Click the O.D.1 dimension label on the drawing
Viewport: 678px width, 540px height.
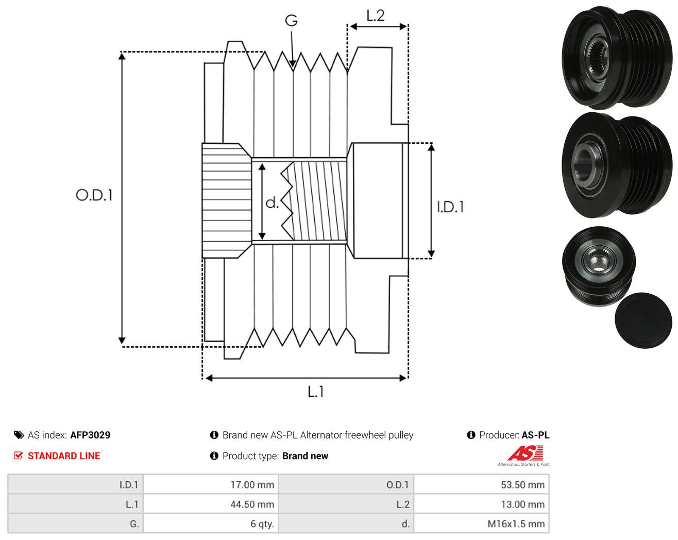(x=94, y=195)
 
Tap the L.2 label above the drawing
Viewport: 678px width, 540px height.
(x=376, y=15)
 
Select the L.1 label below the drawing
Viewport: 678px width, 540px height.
(x=316, y=392)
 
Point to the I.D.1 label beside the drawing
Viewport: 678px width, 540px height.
(x=450, y=207)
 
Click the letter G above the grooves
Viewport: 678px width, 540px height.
(x=291, y=21)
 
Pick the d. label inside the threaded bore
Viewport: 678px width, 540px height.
(x=272, y=202)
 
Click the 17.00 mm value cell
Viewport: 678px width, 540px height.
(x=252, y=484)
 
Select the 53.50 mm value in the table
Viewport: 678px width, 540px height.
(x=523, y=484)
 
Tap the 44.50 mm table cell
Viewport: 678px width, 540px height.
(x=252, y=504)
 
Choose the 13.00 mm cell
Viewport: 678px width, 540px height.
(x=523, y=504)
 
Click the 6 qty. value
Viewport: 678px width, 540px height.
(x=262, y=524)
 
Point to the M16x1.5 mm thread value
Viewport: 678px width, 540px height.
(x=516, y=524)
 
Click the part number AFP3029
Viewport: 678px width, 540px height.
(x=90, y=435)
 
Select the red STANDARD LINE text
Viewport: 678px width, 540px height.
(x=64, y=456)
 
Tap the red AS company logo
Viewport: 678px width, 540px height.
(x=526, y=453)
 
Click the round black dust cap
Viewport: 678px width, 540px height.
(x=643, y=320)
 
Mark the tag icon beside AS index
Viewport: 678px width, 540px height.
(x=19, y=435)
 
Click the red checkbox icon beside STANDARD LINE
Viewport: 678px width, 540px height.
(x=18, y=455)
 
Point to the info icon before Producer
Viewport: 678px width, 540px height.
(x=471, y=435)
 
